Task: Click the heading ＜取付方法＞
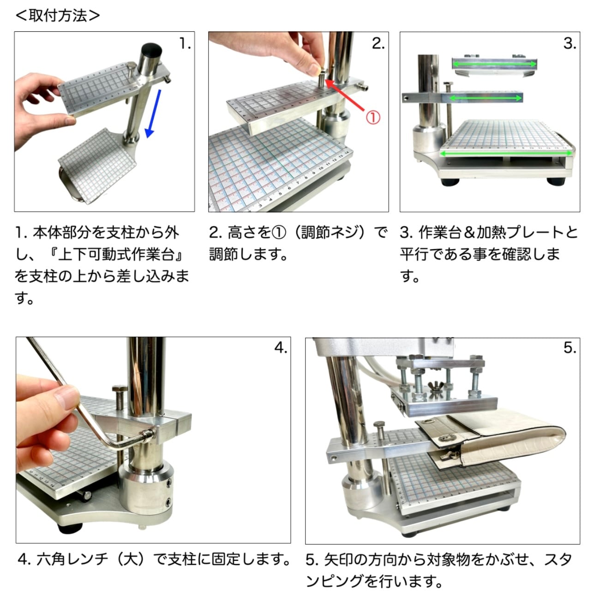point(57,15)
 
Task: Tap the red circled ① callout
point(373,117)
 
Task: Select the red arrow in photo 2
point(344,95)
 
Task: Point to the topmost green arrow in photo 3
point(494,64)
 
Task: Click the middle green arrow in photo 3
point(486,98)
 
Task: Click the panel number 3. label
point(570,43)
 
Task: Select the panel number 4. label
point(281,348)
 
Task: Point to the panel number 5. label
point(570,348)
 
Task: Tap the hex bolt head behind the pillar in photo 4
point(120,389)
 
